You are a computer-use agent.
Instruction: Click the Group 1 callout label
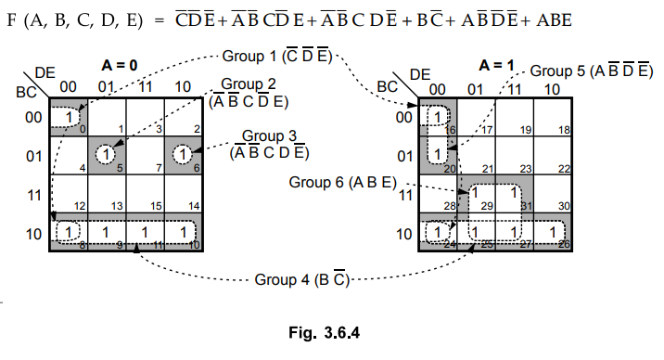277,56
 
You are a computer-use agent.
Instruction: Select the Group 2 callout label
249,93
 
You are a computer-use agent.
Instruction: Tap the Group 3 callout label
269,144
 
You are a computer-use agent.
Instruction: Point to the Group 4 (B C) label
302,279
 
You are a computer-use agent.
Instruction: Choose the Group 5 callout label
591,71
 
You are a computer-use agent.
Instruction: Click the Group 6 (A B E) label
342,182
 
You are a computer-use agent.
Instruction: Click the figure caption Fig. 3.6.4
324,332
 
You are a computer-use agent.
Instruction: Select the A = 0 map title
120,65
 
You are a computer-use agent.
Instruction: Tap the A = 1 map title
496,65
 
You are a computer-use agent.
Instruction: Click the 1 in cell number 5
106,154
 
